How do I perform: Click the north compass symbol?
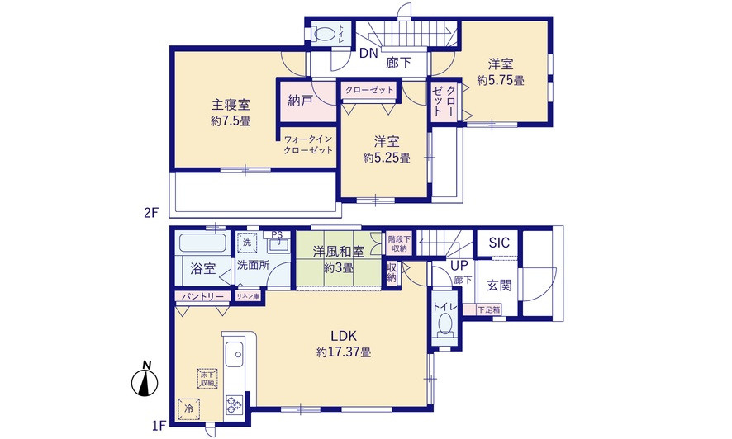145,381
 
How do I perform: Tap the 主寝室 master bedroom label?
231,105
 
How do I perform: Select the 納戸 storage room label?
301,101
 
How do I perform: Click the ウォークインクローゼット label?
308,145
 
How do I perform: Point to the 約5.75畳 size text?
501,80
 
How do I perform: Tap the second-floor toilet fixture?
327,35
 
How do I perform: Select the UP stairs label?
459,265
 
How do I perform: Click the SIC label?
499,243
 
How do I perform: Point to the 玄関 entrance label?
499,286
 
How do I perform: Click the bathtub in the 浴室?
202,244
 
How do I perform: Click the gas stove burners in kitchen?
233,404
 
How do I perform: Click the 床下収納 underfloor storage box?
207,379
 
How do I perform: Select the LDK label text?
344,336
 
